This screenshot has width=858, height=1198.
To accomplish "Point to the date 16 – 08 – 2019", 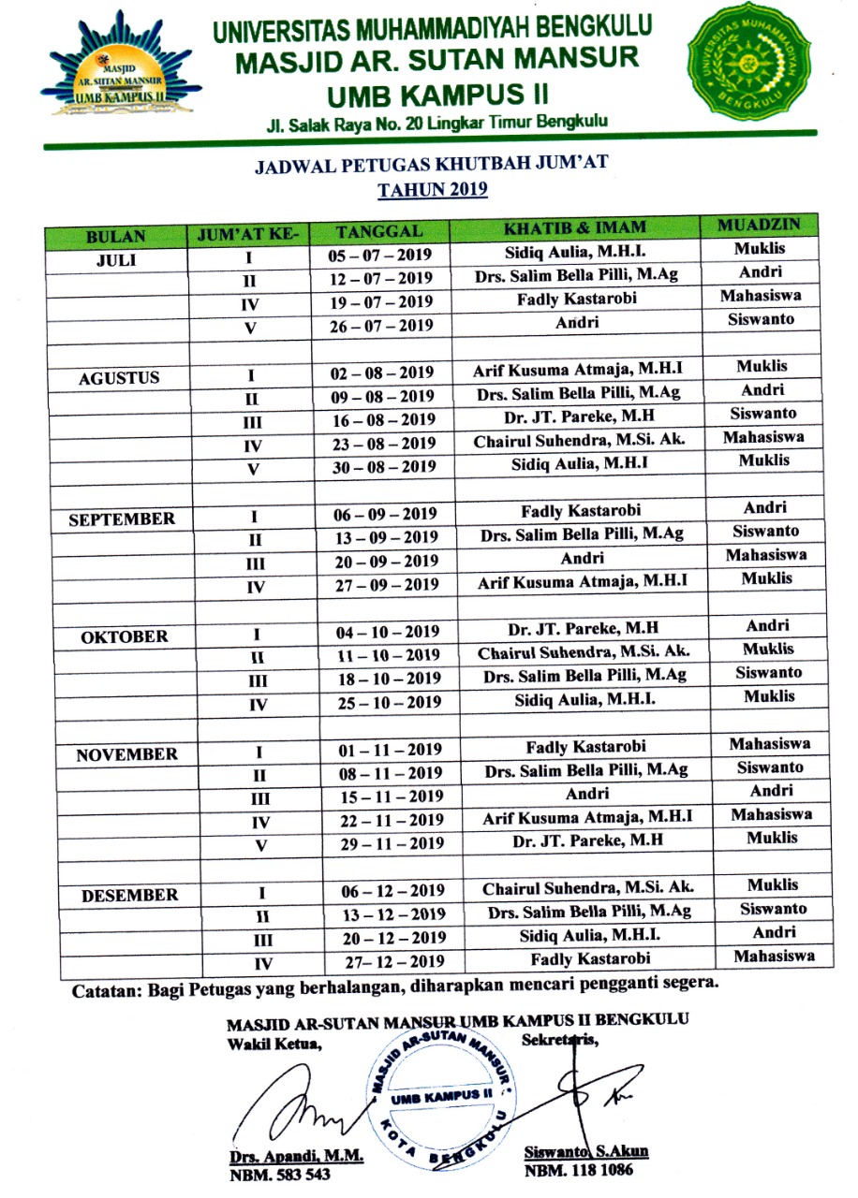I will pyautogui.click(x=382, y=419).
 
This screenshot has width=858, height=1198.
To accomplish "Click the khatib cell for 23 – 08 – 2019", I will pyautogui.click(x=572, y=440).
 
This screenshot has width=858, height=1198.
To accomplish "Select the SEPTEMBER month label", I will pyautogui.click(x=121, y=519).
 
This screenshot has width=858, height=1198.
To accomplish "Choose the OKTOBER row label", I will pyautogui.click(x=124, y=637).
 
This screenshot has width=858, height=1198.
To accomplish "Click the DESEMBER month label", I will pyautogui.click(x=129, y=896).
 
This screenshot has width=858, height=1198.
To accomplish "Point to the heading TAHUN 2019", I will pyautogui.click(x=433, y=190).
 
